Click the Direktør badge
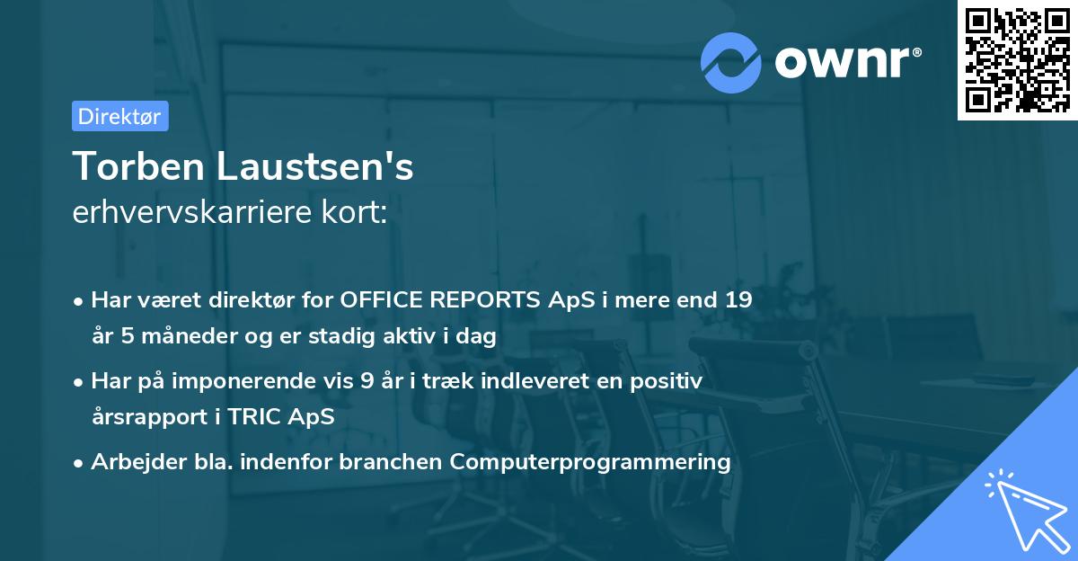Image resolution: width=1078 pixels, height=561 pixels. tap(119, 116)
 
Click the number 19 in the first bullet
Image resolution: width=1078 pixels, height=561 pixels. tap(738, 300)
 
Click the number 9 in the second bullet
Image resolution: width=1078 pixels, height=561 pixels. tap(366, 381)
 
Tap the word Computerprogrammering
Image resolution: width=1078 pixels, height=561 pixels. tap(590, 462)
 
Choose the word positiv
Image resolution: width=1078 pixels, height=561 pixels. tap(668, 381)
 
